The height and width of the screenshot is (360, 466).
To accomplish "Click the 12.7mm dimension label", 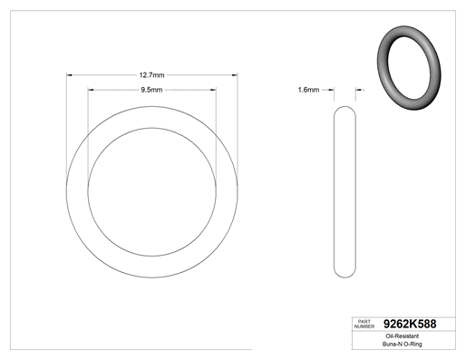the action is pyautogui.click(x=151, y=75).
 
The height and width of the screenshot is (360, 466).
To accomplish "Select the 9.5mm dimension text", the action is pyautogui.click(x=151, y=90).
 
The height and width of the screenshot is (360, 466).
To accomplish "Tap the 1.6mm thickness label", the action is pyautogui.click(x=308, y=90).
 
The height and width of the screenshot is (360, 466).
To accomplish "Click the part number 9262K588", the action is pyautogui.click(x=410, y=324).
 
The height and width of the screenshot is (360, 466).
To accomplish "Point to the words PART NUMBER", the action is pyautogui.click(x=364, y=324).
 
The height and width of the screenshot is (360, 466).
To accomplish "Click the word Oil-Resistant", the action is pyautogui.click(x=403, y=336).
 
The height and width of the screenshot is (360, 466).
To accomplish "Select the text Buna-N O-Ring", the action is pyautogui.click(x=403, y=344).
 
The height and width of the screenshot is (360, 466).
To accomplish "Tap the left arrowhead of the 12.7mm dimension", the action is pyautogui.click(x=69, y=75).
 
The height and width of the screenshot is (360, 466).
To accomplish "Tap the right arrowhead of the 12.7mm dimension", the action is pyautogui.click(x=235, y=75).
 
